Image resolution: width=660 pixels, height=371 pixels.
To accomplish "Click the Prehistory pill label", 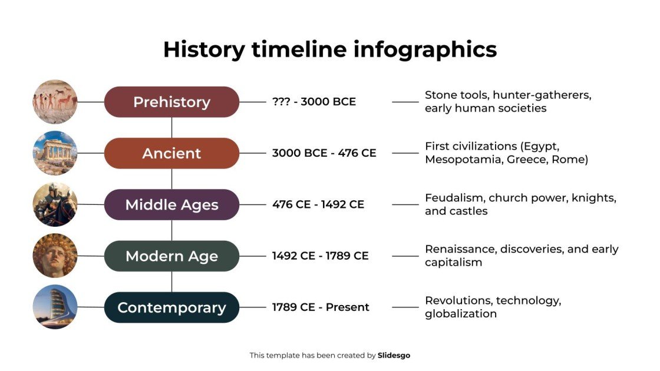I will [x=171, y=102].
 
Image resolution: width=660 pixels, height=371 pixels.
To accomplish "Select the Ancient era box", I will [x=171, y=153].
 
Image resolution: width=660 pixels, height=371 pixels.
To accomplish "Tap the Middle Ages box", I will [x=171, y=204].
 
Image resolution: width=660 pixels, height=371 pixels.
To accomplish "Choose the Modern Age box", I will [x=171, y=256].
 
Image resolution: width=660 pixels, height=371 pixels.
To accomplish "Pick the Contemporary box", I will [x=171, y=307].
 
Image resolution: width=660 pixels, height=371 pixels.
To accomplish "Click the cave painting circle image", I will [x=55, y=102].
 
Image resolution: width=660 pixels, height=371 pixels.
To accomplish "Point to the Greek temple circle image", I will [x=55, y=153].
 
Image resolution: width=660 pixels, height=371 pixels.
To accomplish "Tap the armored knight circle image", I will [x=55, y=204].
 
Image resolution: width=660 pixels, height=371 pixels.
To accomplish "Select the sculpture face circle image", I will [x=55, y=256].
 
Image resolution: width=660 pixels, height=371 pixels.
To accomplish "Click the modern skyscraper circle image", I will [x=55, y=307].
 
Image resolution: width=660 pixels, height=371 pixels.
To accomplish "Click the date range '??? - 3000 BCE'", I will [x=314, y=102].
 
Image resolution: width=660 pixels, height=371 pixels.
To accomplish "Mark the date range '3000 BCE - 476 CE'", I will [x=324, y=153].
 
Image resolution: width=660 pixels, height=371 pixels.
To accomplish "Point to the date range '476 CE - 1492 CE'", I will [x=318, y=204].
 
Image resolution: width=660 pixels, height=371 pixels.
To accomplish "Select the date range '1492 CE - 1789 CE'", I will [x=321, y=256].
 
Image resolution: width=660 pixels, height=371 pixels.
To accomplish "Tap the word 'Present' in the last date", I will [x=348, y=307].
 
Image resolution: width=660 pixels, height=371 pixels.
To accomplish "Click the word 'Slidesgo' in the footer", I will [x=394, y=355].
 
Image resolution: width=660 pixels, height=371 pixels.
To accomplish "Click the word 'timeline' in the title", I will [x=299, y=49].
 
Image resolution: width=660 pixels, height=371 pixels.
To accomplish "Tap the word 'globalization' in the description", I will [x=460, y=314].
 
